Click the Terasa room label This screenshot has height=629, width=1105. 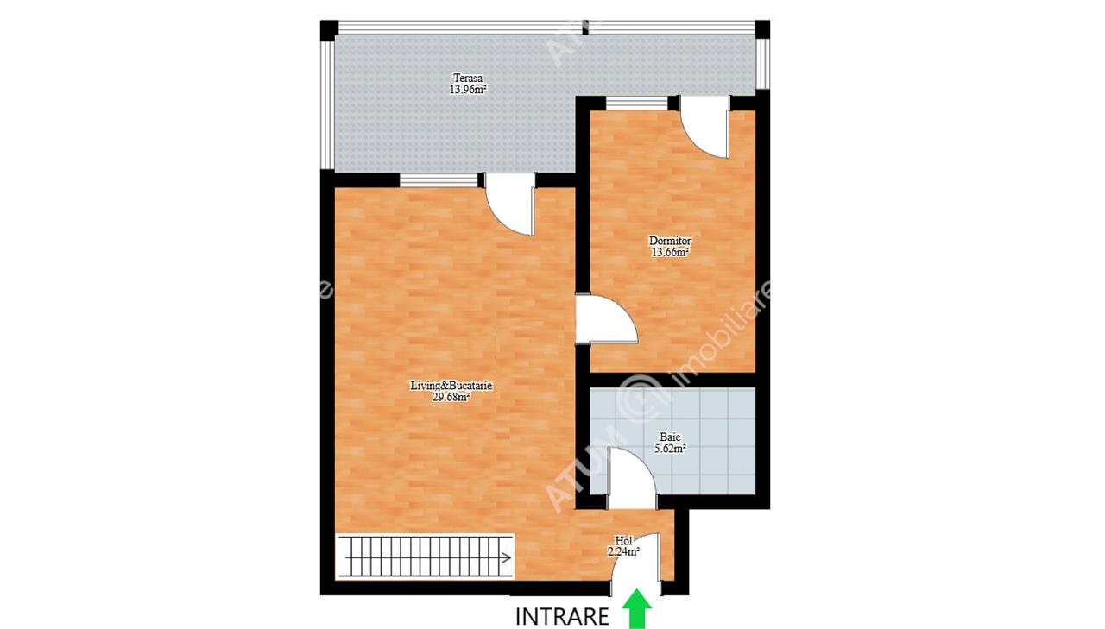[x=468, y=78]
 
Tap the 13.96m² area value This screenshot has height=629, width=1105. [x=468, y=90]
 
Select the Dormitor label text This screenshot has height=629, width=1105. [x=670, y=241]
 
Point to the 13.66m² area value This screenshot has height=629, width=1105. [x=670, y=253]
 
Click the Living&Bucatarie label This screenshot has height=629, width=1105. [x=451, y=386]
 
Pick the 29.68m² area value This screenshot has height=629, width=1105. [x=451, y=397]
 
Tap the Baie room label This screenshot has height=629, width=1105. [x=671, y=437]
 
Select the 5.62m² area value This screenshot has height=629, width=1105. [x=671, y=449]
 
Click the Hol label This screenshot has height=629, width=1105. [x=623, y=541]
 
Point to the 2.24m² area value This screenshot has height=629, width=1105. [x=623, y=552]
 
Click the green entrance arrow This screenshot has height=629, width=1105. [x=636, y=609]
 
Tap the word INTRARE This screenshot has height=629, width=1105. [x=562, y=617]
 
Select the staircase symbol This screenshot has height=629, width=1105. [x=425, y=557]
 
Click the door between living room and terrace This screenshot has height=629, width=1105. [x=509, y=204]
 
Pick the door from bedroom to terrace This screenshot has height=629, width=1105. [x=704, y=127]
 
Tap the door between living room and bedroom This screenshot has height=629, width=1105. [x=606, y=318]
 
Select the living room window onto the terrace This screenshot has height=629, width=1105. [x=439, y=180]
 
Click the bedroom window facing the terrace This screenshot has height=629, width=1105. [x=636, y=103]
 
